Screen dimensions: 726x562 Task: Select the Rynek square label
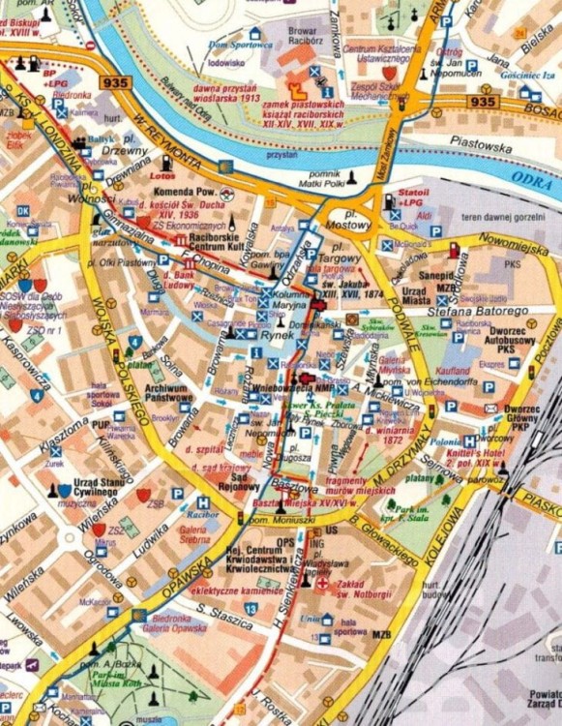click(253, 336)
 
